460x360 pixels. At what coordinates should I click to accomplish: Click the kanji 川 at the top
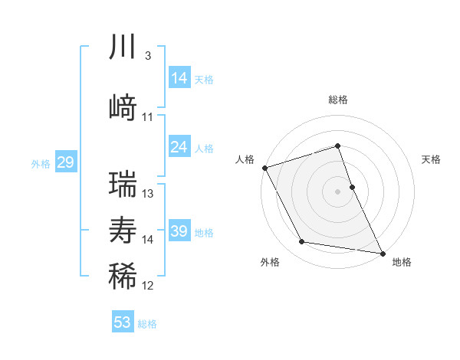tap(123, 47)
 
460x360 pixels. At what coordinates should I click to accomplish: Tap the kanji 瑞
tap(123, 184)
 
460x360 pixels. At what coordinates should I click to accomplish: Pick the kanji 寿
tap(123, 229)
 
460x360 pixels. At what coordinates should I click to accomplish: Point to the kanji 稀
tap(123, 276)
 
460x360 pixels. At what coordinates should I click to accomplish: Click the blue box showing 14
tap(179, 78)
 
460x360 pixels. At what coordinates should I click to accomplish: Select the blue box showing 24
tap(179, 147)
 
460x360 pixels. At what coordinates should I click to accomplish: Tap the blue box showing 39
tap(179, 231)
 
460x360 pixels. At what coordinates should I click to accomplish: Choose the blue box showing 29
tap(65, 162)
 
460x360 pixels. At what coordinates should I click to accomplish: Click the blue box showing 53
tap(123, 322)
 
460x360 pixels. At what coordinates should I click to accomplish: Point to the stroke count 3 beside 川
tap(147, 56)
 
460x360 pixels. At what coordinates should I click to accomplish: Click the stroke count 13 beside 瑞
tap(148, 193)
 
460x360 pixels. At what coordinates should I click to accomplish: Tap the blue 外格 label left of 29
tap(41, 163)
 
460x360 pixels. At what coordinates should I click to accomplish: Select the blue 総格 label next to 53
tap(147, 324)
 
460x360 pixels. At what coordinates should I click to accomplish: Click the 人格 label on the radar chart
tap(245, 159)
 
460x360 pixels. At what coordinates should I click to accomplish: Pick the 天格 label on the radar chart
tap(432, 159)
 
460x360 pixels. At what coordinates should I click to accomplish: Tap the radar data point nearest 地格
tap(382, 253)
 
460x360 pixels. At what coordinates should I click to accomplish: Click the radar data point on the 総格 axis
tap(337, 146)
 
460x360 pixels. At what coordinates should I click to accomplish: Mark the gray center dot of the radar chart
tap(337, 191)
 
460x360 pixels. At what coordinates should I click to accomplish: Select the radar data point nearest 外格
tap(302, 242)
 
